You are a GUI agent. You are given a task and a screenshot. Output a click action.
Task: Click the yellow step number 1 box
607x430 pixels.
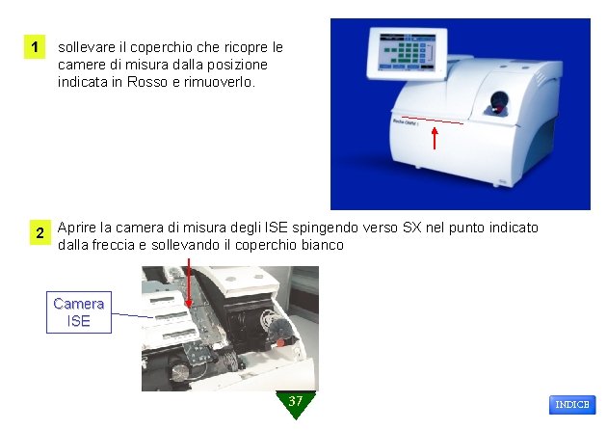(35, 47)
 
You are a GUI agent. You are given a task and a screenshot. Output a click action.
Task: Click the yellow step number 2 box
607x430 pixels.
(40, 232)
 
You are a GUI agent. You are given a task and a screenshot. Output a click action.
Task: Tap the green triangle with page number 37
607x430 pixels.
(296, 404)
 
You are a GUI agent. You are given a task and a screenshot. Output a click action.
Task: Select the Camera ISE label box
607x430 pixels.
(79, 312)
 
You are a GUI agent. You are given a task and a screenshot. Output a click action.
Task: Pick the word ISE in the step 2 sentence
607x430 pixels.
(276, 227)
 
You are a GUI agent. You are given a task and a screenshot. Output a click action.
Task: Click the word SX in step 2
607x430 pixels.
(412, 227)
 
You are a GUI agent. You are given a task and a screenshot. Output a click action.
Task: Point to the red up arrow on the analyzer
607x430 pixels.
(435, 138)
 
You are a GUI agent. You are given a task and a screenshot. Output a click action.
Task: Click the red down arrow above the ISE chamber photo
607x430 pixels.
(189, 283)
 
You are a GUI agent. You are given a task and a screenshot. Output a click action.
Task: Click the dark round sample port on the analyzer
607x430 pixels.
(499, 102)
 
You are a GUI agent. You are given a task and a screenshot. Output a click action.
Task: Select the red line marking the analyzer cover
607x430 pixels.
(433, 121)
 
